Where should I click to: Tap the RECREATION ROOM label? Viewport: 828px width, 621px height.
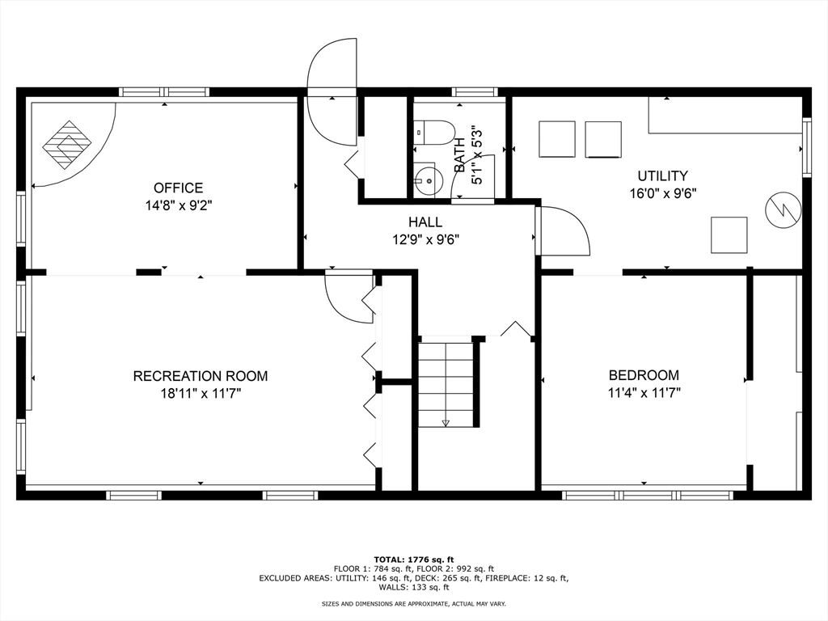(x=201, y=376)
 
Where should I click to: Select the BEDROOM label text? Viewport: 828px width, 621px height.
(x=644, y=375)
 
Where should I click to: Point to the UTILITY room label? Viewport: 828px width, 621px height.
(x=663, y=175)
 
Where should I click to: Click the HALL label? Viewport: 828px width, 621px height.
(x=425, y=222)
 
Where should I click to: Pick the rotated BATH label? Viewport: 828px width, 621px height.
(x=460, y=154)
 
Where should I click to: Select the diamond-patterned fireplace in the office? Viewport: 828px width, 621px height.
(x=67, y=146)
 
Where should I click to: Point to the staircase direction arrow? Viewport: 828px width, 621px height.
(x=446, y=422)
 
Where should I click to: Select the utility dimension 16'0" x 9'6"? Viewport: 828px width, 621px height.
(x=663, y=193)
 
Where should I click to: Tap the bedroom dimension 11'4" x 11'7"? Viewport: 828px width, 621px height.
(x=644, y=393)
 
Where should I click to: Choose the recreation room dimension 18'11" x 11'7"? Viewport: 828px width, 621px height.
(x=201, y=394)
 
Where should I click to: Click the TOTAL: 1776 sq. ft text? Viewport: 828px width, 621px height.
(x=414, y=560)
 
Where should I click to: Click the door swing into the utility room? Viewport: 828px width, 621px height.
(x=563, y=230)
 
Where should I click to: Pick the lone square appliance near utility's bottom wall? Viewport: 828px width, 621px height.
(x=729, y=235)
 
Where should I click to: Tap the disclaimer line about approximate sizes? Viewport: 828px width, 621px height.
(x=414, y=603)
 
